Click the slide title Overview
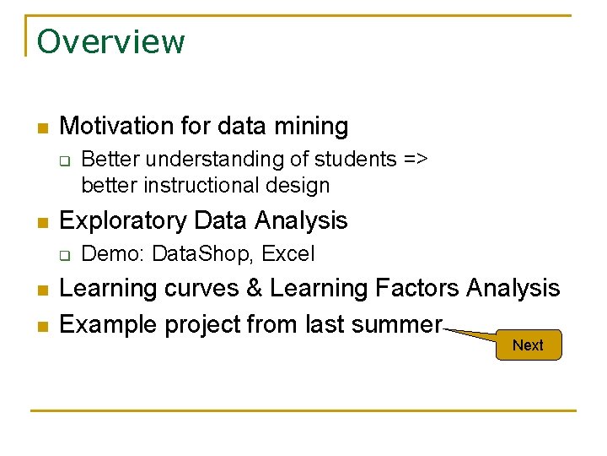[x=110, y=41]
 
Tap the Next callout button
[x=528, y=345]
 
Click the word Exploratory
[x=124, y=220]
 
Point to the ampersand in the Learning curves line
[x=254, y=289]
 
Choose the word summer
[x=399, y=324]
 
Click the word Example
[x=107, y=324]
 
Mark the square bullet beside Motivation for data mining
[x=40, y=128]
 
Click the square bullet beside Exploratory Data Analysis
[x=40, y=222]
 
